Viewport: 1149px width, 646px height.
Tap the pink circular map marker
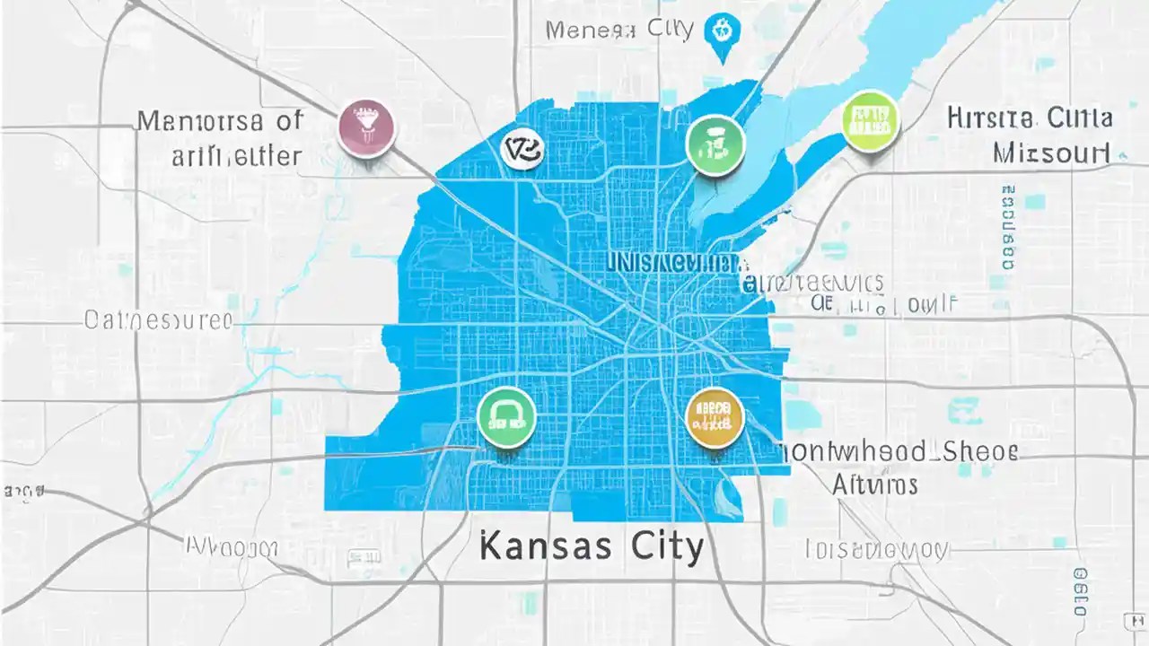coord(368,127)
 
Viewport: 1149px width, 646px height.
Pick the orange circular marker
coord(715,417)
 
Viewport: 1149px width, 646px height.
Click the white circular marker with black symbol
coord(522,149)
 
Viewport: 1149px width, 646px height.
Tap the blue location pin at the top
coord(719,32)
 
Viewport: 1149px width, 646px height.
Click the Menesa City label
coord(619,30)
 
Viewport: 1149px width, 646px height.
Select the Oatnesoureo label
coord(158,320)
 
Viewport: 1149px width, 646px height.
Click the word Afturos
coord(874,485)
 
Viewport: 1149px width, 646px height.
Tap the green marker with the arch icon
coord(507,418)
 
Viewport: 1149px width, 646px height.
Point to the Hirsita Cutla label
coord(1030,118)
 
